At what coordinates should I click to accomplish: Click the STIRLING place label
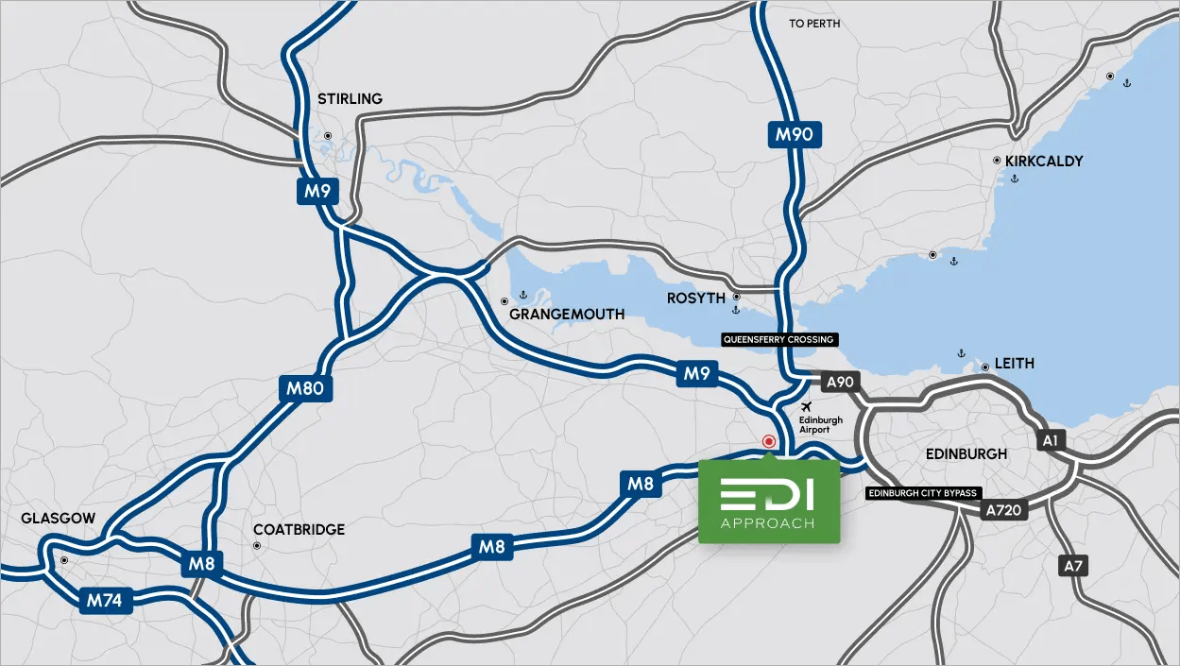pos(350,99)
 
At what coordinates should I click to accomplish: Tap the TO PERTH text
pos(814,24)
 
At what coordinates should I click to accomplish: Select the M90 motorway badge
pos(794,134)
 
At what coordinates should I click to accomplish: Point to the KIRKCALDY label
pos(1044,162)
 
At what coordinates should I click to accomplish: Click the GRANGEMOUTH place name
pos(567,314)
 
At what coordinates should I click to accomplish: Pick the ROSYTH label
pos(696,299)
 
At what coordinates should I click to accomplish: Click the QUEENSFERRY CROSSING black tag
pos(779,339)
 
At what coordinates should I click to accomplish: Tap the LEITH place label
pos(1015,364)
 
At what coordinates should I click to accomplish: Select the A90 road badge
pos(838,382)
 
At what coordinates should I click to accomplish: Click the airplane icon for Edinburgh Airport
pos(806,407)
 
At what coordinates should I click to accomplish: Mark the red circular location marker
pos(769,441)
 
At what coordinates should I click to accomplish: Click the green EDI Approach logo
pos(768,503)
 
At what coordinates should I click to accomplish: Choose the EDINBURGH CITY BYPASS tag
pos(921,493)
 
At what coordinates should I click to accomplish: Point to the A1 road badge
pos(1050,440)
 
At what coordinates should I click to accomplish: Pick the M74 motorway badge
pos(106,599)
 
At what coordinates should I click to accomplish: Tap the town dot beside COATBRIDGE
pos(257,546)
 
